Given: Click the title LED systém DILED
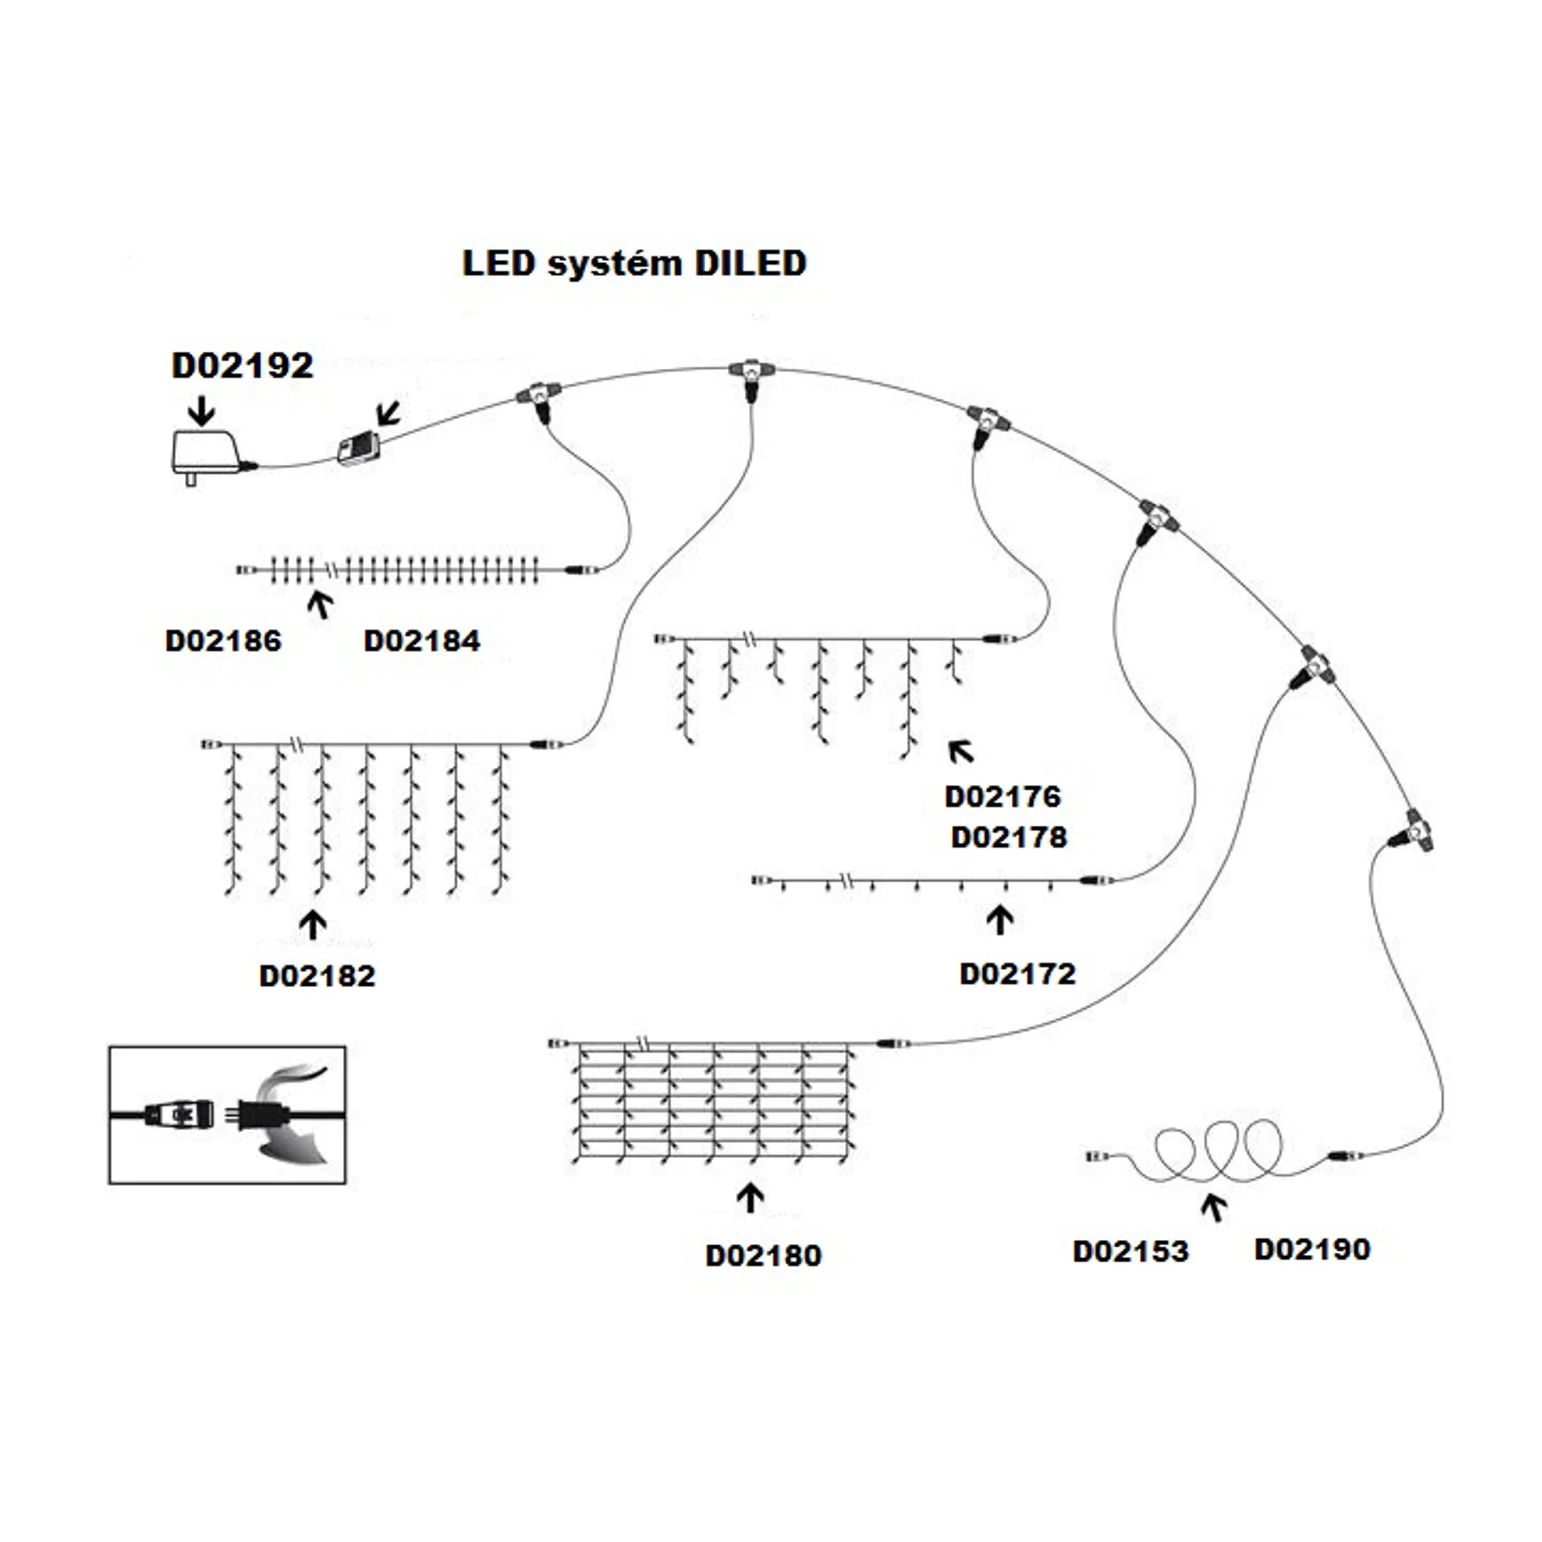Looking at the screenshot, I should tap(634, 263).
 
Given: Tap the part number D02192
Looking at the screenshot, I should tap(243, 365).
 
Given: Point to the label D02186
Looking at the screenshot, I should tap(224, 641).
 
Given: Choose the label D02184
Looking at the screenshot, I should tap(422, 641).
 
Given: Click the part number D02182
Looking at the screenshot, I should tap(318, 976).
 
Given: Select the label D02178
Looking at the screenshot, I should tap(1009, 837).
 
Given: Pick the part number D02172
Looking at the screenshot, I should tap(1018, 974).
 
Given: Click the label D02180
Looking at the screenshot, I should tap(764, 1256).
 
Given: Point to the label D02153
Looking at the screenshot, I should tap(1131, 1252).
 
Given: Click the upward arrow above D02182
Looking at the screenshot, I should tap(313, 924).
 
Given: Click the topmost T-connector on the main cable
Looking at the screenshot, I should tap(751, 373).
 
